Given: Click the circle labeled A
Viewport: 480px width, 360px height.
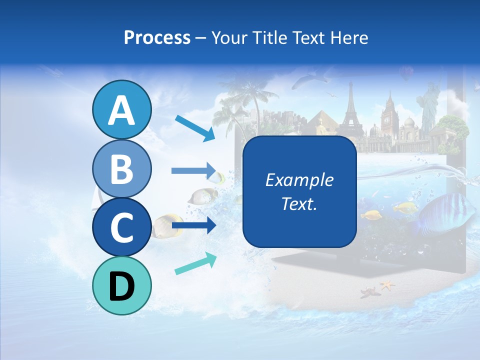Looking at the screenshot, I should [x=121, y=110].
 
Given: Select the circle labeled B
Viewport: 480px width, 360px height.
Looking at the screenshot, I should [x=121, y=168].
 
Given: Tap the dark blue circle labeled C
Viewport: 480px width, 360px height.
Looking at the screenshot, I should [x=121, y=227].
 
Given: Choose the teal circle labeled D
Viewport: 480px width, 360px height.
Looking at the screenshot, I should [x=121, y=285].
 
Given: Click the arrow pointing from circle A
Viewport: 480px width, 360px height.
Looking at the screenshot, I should [x=194, y=127].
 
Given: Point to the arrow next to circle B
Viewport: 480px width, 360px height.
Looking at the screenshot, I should [x=193, y=171].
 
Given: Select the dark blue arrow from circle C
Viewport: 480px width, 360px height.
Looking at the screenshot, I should [x=193, y=225].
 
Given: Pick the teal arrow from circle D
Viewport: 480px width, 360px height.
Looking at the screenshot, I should [x=195, y=263].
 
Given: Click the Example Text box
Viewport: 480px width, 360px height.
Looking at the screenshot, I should [x=299, y=192].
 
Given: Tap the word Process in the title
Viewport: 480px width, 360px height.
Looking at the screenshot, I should [x=157, y=37].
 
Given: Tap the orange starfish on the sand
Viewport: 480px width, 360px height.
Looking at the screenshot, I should [x=387, y=285].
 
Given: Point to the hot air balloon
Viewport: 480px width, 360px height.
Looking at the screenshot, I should [x=406, y=74].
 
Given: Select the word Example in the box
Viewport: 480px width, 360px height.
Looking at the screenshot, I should [x=299, y=180].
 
